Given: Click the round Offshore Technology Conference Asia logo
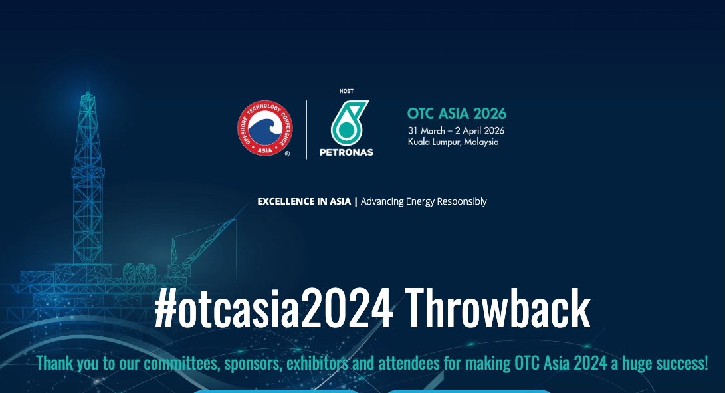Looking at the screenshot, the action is coord(265,128).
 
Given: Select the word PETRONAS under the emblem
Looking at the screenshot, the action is coord(346,152).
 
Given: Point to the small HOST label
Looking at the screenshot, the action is coord(346,91).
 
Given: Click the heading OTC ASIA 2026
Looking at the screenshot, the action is coord(457,114).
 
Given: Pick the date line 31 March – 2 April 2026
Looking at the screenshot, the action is coord(456,131).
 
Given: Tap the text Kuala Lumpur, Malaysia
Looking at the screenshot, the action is coord(453,142).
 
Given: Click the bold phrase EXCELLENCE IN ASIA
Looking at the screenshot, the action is coord(304,201).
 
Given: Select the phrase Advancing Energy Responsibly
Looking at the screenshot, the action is coord(423,202).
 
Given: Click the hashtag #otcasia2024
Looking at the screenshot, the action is coord(274,308).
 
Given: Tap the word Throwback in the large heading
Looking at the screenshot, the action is coord(498,308).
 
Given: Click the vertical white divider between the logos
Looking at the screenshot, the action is coord(306,130).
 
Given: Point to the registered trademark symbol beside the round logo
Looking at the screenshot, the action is coord(287,154).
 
